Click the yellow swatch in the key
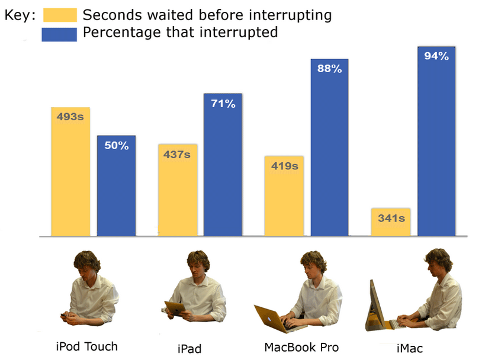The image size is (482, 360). coord(60,15)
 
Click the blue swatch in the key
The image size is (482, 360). coord(59,34)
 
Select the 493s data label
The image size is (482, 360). coord(70,117)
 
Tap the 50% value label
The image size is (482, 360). coord(117,146)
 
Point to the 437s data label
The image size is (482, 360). coord(177,155)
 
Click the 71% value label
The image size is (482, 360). coord(223,104)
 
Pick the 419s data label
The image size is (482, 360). coord(285,166)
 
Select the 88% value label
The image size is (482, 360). coord(330,69)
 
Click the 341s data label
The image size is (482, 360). coord(391,218)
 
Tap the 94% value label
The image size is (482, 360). coord(436,56)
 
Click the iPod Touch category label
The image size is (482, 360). coord(86,346)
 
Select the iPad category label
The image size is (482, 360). coord(189,349)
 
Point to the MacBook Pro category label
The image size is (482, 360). coord(301,348)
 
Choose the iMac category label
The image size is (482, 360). coord(410,348)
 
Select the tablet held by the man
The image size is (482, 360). coord(175,308)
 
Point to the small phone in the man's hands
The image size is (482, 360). coord(64,315)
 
